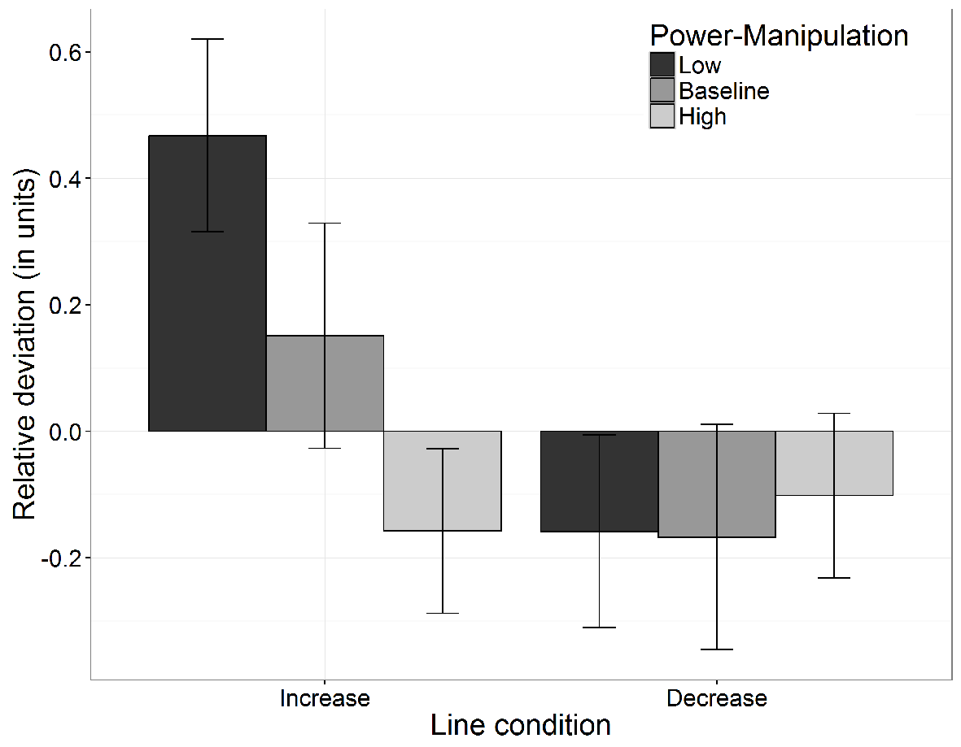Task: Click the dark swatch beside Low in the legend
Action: [662, 65]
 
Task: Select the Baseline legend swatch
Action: [662, 90]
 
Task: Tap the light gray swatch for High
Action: [662, 116]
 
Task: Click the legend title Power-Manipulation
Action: [779, 36]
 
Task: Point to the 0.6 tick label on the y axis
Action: [65, 53]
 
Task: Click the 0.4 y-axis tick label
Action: [65, 179]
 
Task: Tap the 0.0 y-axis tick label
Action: [65, 432]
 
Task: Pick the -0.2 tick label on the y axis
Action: [61, 558]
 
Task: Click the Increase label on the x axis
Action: [325, 698]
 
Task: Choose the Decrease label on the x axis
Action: [717, 698]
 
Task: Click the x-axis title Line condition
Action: [521, 726]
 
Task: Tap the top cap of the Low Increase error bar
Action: [207, 39]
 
